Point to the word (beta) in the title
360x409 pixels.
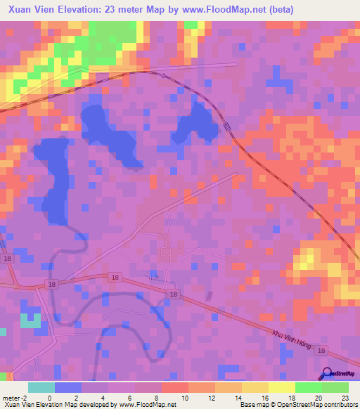tap(280, 10)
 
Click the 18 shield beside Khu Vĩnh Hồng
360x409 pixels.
tap(321, 350)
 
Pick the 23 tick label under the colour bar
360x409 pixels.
tap(344, 397)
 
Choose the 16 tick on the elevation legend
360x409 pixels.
tap(253, 397)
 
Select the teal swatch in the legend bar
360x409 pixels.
tap(41, 387)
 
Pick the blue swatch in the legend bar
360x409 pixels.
tap(67, 387)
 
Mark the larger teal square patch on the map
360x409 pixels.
tap(30, 320)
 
